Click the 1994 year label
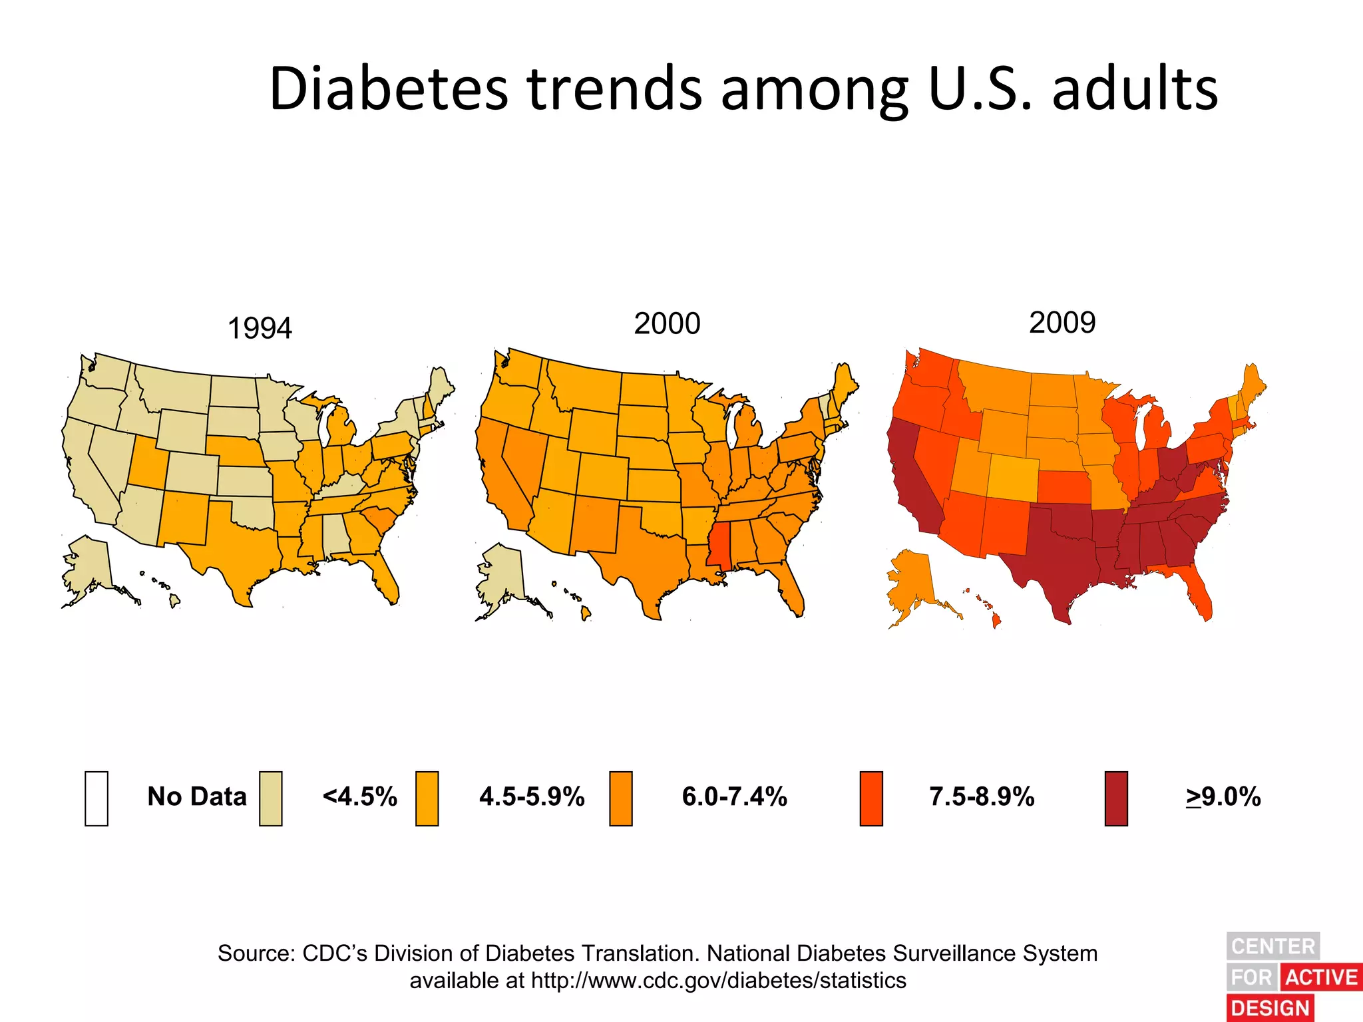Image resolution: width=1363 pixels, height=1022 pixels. click(x=260, y=329)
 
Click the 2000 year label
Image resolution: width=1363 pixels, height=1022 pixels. click(x=667, y=324)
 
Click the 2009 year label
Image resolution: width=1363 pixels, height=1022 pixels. click(x=1062, y=323)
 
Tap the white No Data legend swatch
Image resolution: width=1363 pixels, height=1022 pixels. click(x=97, y=798)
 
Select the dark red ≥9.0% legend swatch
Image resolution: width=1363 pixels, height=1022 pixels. click(x=1116, y=798)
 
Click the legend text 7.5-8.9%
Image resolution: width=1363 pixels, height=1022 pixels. click(x=982, y=796)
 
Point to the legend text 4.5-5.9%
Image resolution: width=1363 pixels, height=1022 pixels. click(x=532, y=796)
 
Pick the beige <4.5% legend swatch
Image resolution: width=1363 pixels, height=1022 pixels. click(x=271, y=798)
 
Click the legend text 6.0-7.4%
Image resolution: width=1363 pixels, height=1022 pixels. click(x=734, y=796)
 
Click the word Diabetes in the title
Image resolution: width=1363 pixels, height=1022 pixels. click(x=389, y=89)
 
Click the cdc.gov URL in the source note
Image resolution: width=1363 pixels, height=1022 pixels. click(x=719, y=981)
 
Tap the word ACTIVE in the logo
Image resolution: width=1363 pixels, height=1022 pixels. click(x=1321, y=977)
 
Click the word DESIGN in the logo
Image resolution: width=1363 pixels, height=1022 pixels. click(x=1270, y=1008)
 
